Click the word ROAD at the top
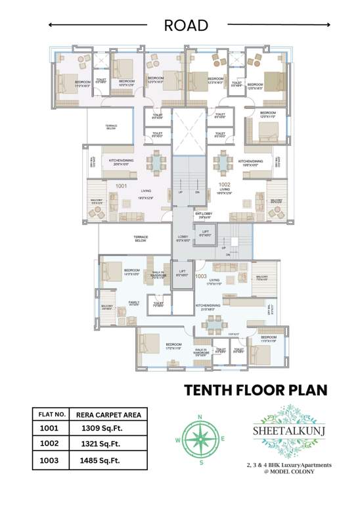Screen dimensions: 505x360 click(x=186, y=26)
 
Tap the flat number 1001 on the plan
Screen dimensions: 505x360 click(x=121, y=186)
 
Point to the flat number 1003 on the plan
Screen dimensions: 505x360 click(x=201, y=277)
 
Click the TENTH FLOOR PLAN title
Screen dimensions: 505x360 click(x=255, y=389)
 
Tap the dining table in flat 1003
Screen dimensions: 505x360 click(x=213, y=323)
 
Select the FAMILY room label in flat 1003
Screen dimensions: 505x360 click(x=133, y=303)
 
